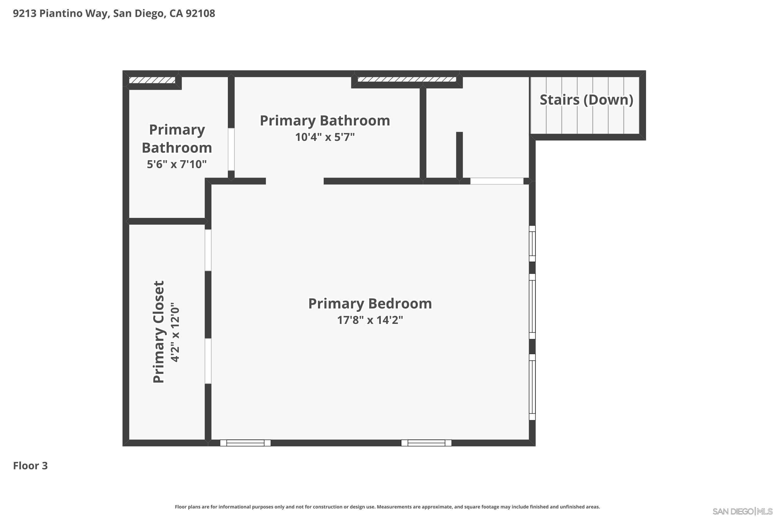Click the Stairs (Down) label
(586, 100)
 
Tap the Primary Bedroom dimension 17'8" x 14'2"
(370, 320)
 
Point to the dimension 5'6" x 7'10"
(177, 164)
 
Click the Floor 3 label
(30, 466)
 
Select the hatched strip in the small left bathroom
(152, 80)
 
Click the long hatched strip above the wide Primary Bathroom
(407, 79)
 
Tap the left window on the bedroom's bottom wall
(245, 443)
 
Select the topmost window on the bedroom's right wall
(532, 244)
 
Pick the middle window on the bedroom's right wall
(532, 306)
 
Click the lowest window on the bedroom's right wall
(532, 387)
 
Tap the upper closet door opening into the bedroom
(208, 250)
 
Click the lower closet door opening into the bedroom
(208, 361)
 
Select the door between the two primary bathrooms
(231, 149)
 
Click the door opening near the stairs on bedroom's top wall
(496, 181)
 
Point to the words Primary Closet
(159, 332)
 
